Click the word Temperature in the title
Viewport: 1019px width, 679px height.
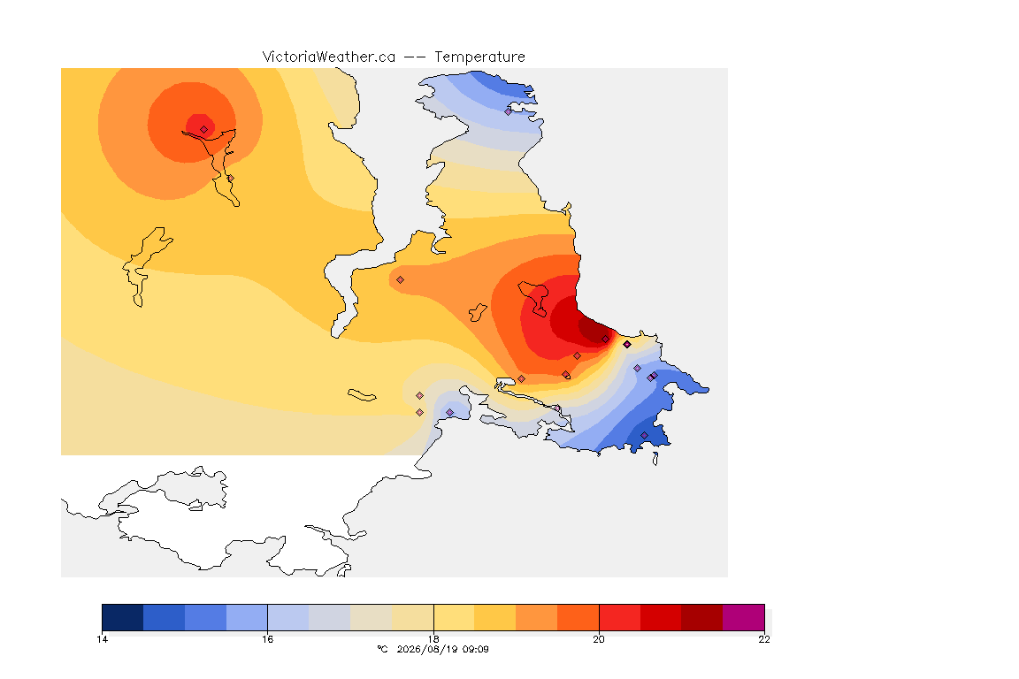pos(479,57)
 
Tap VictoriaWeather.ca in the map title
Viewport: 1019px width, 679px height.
pos(329,57)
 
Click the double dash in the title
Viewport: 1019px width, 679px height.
pos(415,57)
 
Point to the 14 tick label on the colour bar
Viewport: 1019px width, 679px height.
pos(102,639)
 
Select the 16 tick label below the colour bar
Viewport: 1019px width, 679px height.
pos(268,639)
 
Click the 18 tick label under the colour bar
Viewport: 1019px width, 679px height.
pos(433,639)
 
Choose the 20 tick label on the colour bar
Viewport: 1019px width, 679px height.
pos(599,639)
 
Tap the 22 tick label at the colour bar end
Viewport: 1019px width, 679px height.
pos(764,639)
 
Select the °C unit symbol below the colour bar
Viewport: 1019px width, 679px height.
pos(383,649)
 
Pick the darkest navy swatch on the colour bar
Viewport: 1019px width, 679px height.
pos(123,617)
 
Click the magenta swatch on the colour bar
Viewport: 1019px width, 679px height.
pos(743,617)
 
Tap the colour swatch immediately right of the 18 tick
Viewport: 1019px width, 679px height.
pos(455,617)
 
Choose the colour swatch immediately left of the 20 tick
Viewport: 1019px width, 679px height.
pos(578,617)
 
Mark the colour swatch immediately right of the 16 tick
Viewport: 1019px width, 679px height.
pos(288,617)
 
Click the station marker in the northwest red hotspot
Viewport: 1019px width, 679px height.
pos(204,129)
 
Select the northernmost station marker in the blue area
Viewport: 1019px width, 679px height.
pos(509,111)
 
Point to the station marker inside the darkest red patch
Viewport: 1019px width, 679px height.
pos(605,339)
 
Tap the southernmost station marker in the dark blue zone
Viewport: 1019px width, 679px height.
pos(644,435)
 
